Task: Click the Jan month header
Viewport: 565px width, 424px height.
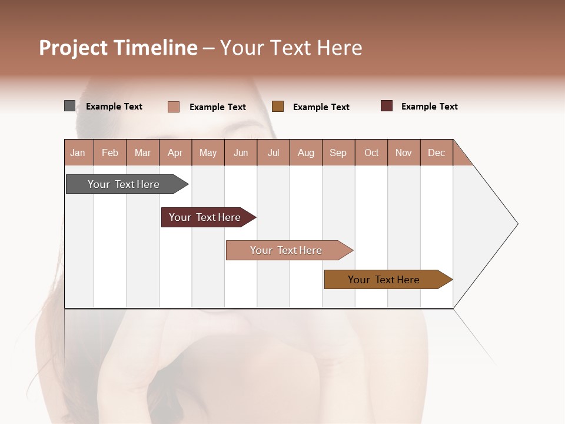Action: point(78,153)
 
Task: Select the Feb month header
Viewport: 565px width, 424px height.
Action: point(110,153)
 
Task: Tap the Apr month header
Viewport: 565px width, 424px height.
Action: point(175,153)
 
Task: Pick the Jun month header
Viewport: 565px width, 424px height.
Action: point(241,153)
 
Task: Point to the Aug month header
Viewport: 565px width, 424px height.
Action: point(305,153)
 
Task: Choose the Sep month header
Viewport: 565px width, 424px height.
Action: point(338,153)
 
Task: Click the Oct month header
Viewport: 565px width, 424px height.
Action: point(371,153)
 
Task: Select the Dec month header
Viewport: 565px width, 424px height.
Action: point(436,153)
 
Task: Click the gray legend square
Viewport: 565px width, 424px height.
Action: point(69,106)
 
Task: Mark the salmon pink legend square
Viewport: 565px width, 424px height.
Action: point(174,107)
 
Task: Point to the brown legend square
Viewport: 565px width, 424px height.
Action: point(278,107)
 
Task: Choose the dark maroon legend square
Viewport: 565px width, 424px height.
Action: point(387,106)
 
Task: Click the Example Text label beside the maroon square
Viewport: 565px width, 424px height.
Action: point(429,107)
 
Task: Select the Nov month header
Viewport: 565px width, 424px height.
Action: point(404,153)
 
